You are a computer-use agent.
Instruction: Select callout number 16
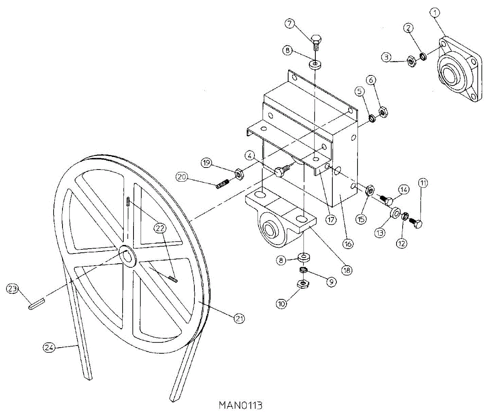click(x=348, y=244)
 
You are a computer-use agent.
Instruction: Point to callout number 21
click(x=240, y=319)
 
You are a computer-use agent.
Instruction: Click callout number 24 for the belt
click(x=49, y=348)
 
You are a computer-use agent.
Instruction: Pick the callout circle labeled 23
click(x=12, y=289)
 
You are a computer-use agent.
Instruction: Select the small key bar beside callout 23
click(x=36, y=304)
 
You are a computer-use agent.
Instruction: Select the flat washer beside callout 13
click(x=394, y=213)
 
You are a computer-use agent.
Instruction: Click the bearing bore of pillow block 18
click(x=269, y=230)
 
